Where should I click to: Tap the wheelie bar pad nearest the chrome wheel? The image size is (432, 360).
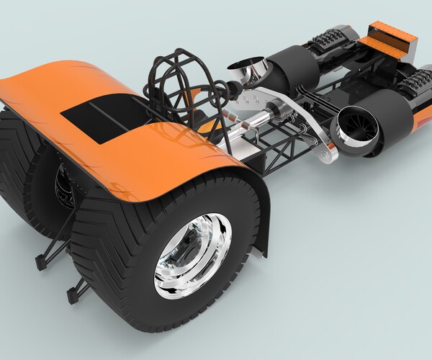(x=74, y=295)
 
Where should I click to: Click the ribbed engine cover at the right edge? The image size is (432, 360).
(x=418, y=86)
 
